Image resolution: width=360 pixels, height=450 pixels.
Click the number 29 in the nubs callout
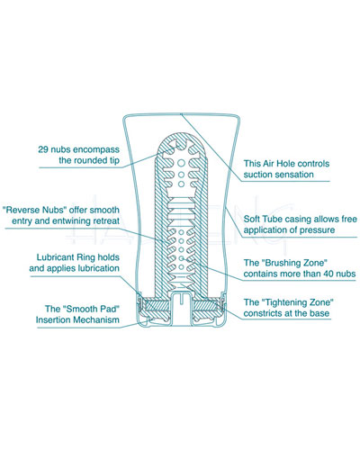(42, 149)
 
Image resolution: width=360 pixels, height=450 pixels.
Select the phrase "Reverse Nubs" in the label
(34, 210)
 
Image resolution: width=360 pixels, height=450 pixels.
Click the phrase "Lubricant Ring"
(63, 257)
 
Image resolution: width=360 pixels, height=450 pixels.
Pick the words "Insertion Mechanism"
(77, 319)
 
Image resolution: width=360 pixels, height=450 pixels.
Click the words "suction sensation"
(278, 175)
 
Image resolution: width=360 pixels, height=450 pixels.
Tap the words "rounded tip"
(95, 160)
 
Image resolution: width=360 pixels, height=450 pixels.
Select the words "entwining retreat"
(85, 221)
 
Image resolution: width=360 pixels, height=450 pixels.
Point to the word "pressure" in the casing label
(317, 230)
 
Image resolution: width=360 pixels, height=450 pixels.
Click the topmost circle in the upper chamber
(181, 163)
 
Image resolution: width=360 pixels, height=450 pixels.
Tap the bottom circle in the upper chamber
(181, 184)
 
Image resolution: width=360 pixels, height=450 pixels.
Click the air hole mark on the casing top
(181, 114)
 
